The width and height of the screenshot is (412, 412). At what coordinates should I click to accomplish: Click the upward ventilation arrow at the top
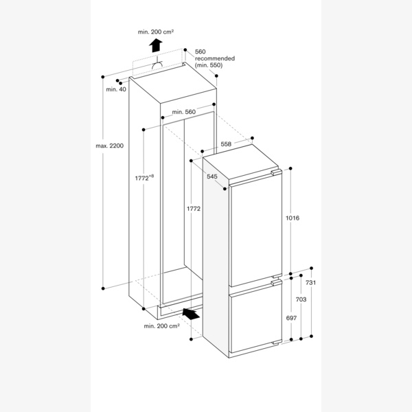(x=157, y=46)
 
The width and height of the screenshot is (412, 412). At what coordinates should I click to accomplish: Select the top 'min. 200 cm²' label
(x=156, y=32)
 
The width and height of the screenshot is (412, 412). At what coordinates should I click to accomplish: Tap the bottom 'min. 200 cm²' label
(x=161, y=326)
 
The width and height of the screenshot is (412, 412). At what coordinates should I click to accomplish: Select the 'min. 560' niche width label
(x=185, y=112)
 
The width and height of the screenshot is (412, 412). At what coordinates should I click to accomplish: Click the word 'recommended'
(x=215, y=58)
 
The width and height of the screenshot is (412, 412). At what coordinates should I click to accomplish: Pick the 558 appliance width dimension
(x=226, y=144)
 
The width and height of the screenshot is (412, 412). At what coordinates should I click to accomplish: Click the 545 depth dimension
(x=212, y=176)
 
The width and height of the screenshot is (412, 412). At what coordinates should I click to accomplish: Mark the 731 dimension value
(x=311, y=283)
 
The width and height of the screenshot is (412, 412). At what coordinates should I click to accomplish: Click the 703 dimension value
(x=301, y=300)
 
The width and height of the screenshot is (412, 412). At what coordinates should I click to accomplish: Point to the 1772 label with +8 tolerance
(x=144, y=178)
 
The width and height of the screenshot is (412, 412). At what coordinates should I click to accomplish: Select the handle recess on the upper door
(x=275, y=174)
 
